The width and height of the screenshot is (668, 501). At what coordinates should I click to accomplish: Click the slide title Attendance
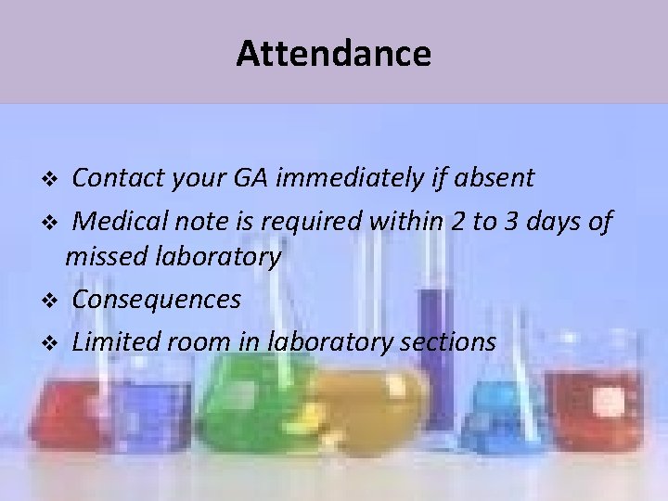coord(333,54)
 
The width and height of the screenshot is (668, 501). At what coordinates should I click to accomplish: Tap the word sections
coord(448,341)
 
